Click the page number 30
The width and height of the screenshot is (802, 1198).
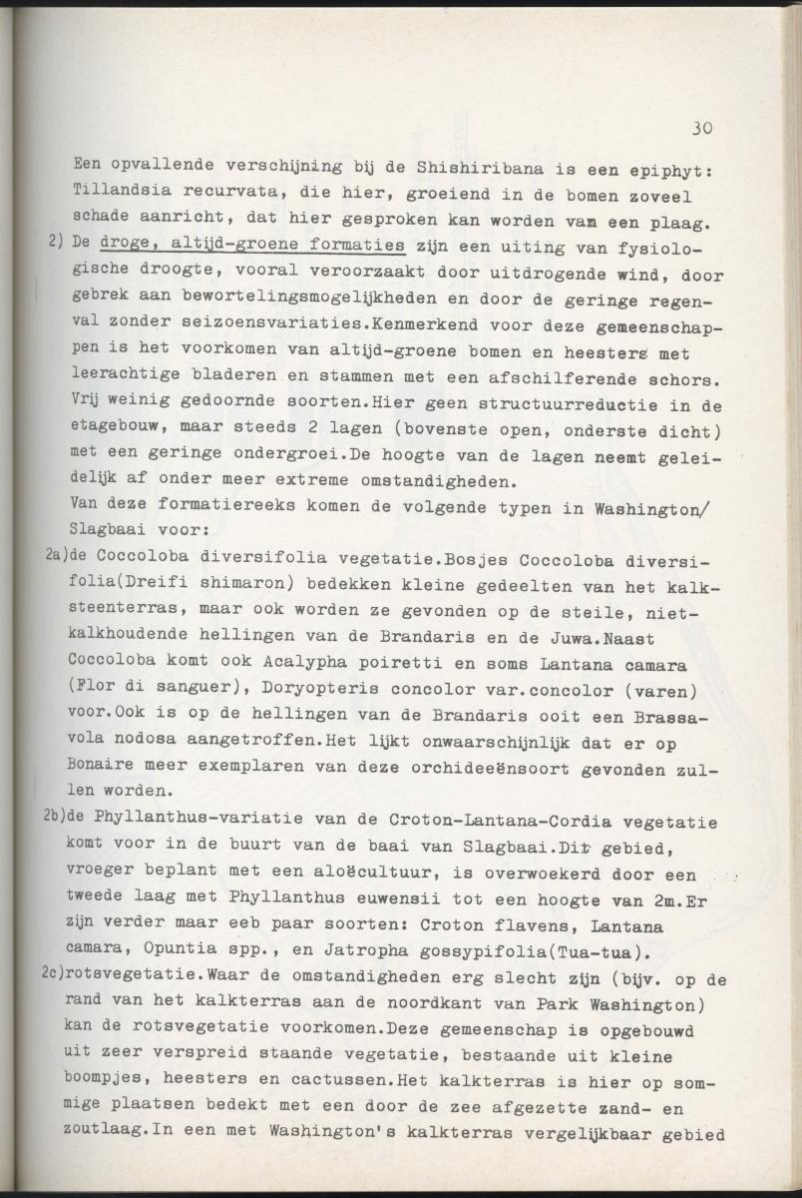pos(700,129)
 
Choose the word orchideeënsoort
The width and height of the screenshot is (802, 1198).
pos(505,769)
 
